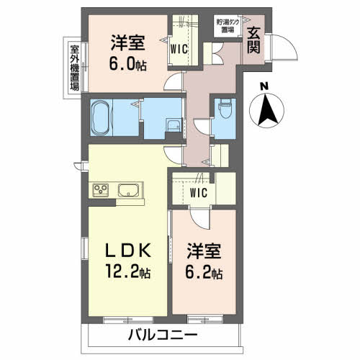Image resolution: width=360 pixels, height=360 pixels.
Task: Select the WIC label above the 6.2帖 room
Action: pyautogui.click(x=199, y=192)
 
